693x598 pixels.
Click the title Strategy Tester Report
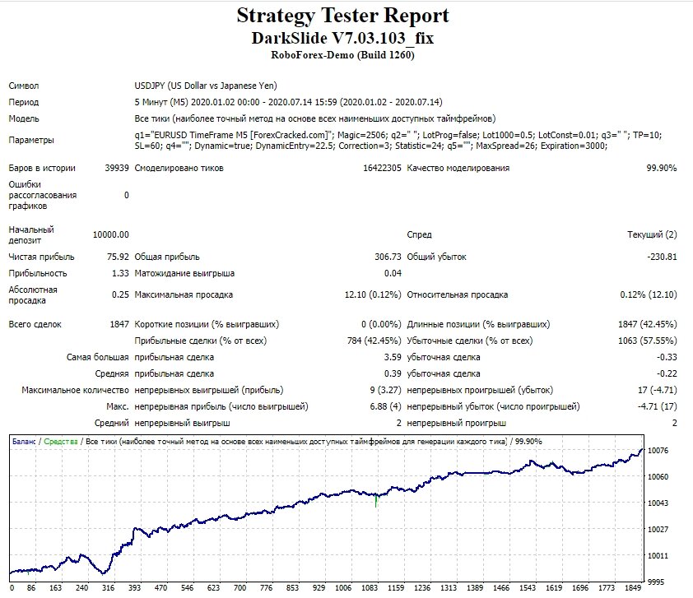[342, 16]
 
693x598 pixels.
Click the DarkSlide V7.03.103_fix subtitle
[342, 38]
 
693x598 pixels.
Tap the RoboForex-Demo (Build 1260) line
[342, 55]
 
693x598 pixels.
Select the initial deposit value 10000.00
[111, 234]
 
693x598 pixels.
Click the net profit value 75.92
[118, 257]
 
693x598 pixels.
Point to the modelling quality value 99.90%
[661, 168]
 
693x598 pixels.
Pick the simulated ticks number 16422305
[382, 168]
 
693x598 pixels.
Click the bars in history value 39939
[117, 168]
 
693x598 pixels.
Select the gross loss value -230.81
[662, 257]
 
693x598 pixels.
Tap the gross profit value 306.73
[388, 257]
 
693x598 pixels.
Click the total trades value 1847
[119, 324]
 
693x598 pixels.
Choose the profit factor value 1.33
[120, 273]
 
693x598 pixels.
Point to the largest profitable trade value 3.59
[393, 357]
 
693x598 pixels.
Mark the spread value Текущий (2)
[652, 234]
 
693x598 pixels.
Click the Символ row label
[24, 86]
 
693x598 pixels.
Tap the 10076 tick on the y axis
[658, 451]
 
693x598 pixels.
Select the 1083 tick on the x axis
[370, 588]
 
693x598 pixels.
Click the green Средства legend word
[61, 441]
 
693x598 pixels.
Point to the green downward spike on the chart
[376, 501]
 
